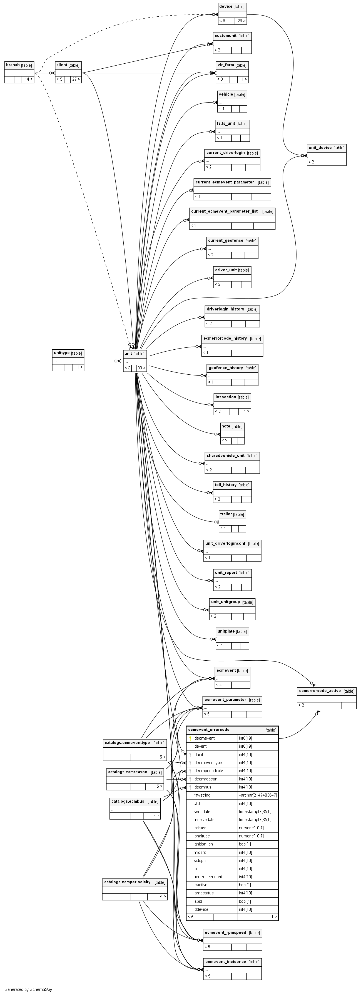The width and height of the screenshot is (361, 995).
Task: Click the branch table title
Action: click(13, 65)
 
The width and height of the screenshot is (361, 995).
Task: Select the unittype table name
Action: click(62, 353)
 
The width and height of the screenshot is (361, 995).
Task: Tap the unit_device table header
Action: click(320, 148)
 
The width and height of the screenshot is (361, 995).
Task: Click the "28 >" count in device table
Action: click(241, 21)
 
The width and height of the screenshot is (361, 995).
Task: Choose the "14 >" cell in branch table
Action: click(28, 79)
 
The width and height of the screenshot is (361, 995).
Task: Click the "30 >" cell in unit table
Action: click(141, 368)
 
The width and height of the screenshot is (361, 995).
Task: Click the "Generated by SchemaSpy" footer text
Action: click(28, 989)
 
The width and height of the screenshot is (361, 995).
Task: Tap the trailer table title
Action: click(226, 514)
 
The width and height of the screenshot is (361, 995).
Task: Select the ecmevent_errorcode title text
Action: click(208, 730)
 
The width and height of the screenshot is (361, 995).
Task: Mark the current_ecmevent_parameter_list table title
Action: click(224, 211)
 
